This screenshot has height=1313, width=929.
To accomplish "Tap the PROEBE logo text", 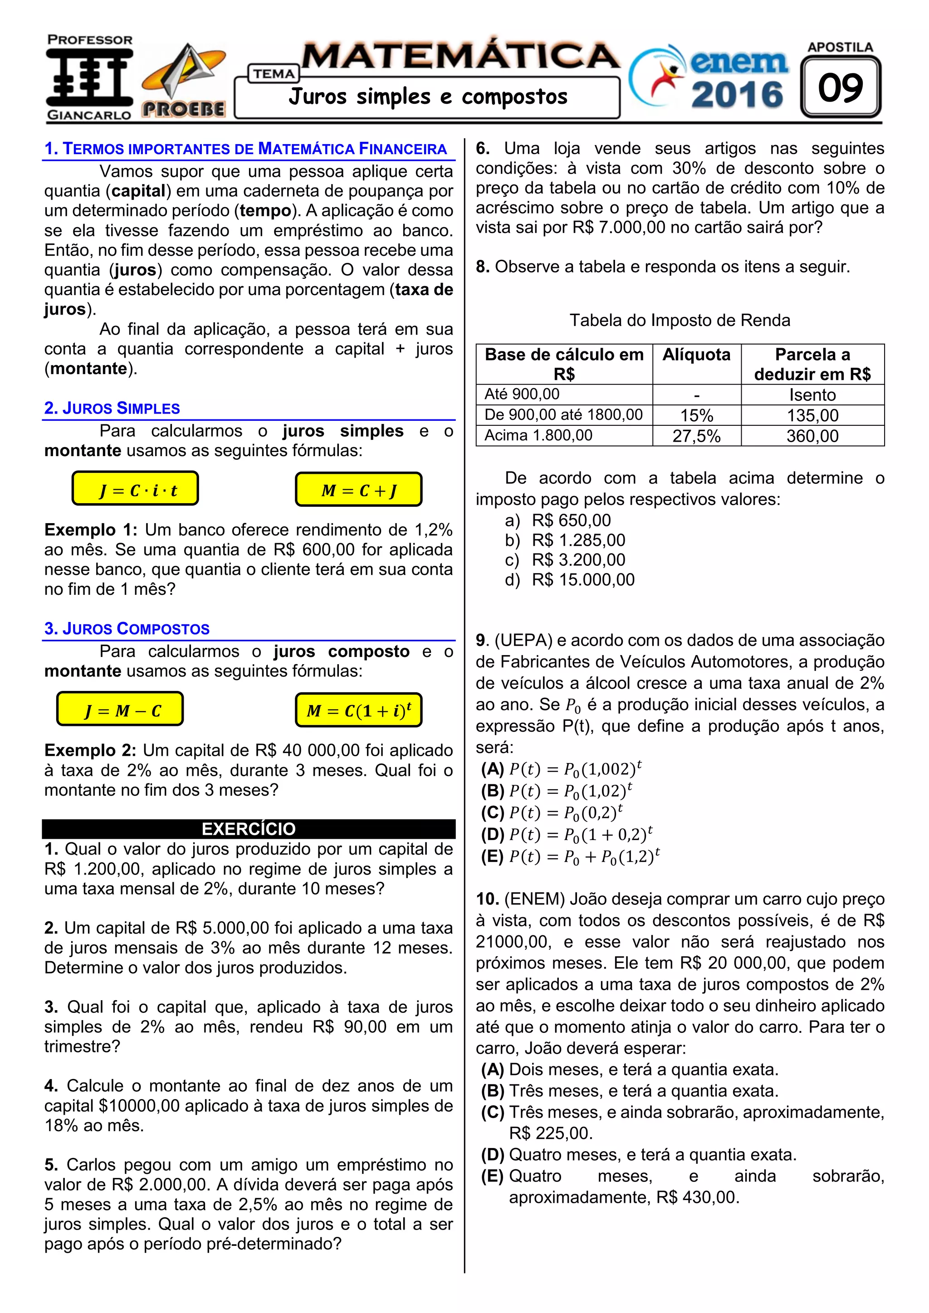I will pos(183,109).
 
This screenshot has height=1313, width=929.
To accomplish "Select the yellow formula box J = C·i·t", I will pos(135,489).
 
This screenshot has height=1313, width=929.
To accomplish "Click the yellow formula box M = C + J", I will pos(359,490).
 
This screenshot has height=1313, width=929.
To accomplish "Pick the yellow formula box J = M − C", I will pos(120,709).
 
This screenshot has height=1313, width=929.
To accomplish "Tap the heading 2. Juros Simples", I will pos(112,408).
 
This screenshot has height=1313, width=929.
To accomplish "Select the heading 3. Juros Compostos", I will pos(127,628).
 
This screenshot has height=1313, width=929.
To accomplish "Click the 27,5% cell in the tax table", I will pos(696,436).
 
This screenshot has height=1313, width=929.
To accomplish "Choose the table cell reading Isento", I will pos(812,394).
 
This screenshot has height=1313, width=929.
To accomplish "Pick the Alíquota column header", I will pos(696,355).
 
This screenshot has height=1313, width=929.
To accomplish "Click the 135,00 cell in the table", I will pos(812,415).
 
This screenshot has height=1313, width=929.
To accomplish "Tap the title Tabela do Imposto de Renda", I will pos(680,320).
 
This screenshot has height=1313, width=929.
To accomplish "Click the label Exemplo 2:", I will pos(90,750).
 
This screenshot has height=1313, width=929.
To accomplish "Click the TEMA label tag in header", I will pos(274,74).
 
